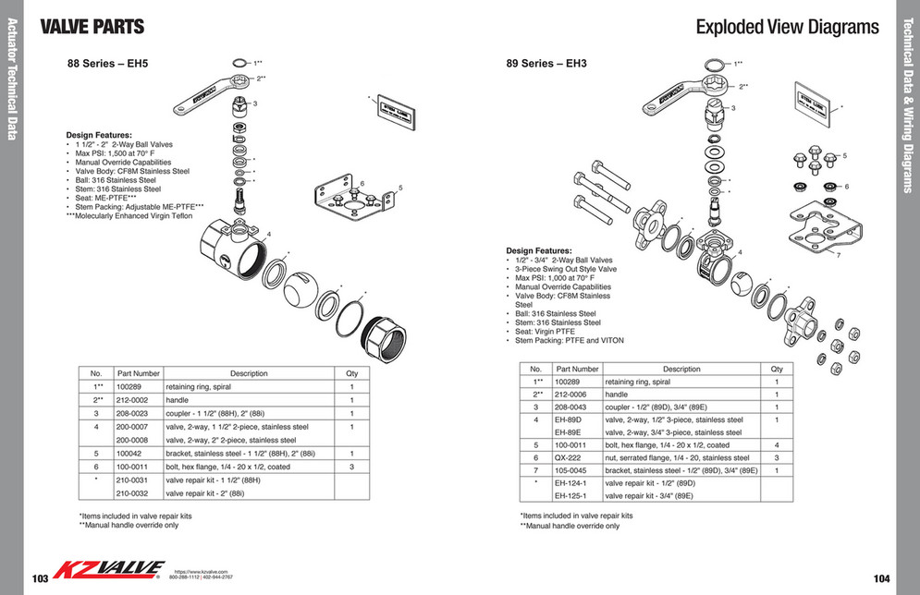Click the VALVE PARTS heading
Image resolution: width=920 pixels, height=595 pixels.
pyautogui.click(x=92, y=27)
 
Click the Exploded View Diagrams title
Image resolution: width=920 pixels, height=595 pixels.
pyautogui.click(x=787, y=27)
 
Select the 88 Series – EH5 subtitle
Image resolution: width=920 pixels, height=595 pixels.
pyautogui.click(x=107, y=65)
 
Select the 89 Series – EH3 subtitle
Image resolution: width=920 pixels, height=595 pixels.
pyautogui.click(x=546, y=65)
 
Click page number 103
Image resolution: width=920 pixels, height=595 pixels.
pyautogui.click(x=40, y=577)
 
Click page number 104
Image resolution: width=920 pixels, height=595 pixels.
pyautogui.click(x=879, y=577)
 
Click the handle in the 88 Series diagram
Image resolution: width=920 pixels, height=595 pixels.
pyautogui.click(x=208, y=95)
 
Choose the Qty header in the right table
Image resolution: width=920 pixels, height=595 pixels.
pyautogui.click(x=777, y=369)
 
